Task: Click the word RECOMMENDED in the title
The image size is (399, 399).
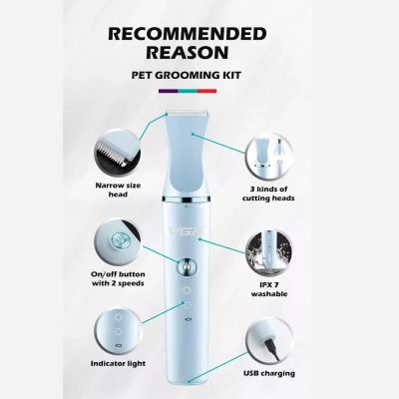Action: [x=188, y=34]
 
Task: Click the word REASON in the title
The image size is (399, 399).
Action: [x=188, y=52]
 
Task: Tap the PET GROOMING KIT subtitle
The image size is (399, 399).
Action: [x=187, y=75]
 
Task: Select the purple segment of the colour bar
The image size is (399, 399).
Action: [x=169, y=91]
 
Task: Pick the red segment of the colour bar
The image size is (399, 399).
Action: [x=206, y=91]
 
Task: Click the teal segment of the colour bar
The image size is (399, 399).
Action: [x=188, y=91]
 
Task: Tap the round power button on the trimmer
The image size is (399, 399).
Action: [x=187, y=266]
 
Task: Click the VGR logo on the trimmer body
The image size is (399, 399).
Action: [x=188, y=230]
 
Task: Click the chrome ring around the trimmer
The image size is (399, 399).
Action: [x=187, y=199]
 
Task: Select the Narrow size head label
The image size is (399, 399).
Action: [x=118, y=190]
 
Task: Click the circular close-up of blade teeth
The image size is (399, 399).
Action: [x=118, y=153]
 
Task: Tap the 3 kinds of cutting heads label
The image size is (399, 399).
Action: [x=268, y=194]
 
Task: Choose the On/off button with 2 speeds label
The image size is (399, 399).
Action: [x=118, y=278]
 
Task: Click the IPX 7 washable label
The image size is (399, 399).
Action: [x=269, y=289]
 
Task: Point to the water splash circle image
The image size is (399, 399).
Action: [x=268, y=253]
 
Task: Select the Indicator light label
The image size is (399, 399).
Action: [x=118, y=363]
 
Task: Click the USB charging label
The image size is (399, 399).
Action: [x=269, y=373]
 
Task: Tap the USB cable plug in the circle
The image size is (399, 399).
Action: [x=272, y=347]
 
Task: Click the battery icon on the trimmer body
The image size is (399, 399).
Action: [x=188, y=319]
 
